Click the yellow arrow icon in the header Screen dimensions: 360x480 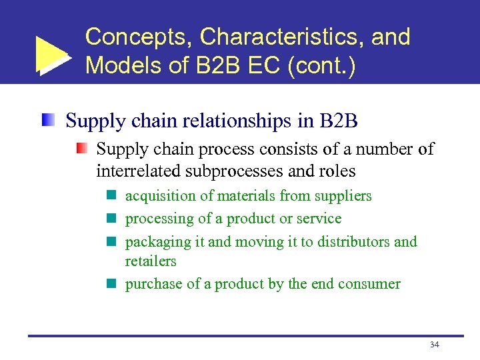[52, 53]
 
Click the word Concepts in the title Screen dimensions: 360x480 [137, 37]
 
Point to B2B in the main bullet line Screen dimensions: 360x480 [339, 121]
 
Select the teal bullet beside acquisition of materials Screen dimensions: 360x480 [111, 196]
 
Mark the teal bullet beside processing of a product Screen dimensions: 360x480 [111, 219]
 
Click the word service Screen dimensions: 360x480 [319, 219]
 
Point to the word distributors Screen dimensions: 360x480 [353, 241]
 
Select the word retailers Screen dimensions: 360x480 [151, 261]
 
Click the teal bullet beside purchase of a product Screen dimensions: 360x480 [111, 284]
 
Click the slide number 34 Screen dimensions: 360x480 [434, 345]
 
